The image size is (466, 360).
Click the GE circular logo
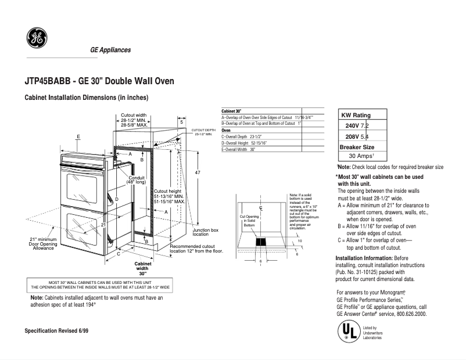37,39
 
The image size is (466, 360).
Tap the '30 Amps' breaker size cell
360,156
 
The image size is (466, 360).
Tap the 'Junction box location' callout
205,232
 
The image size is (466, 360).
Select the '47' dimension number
198,173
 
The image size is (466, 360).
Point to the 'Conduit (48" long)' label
137,180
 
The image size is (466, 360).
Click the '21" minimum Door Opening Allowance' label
43,244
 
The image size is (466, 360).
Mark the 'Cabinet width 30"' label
142,268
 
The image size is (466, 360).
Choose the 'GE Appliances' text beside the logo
110,50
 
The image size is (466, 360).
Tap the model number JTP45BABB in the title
48,81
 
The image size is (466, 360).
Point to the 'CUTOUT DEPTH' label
203,129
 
